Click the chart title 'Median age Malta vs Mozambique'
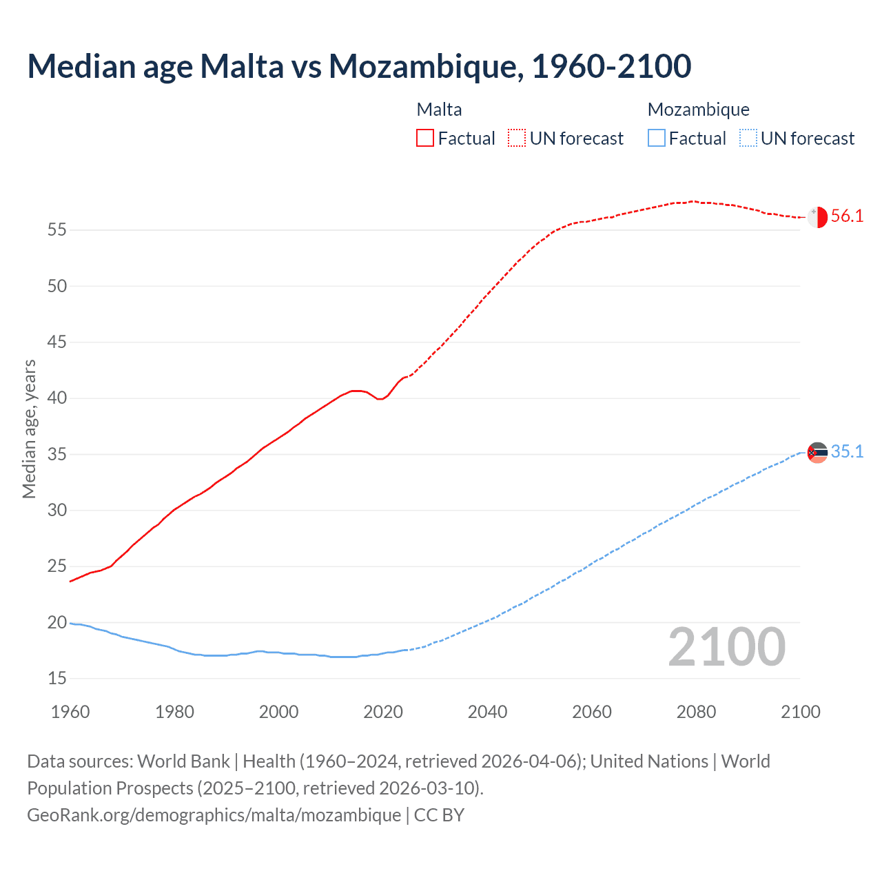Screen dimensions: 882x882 [x=358, y=66]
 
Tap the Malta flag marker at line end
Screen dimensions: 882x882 [x=817, y=216]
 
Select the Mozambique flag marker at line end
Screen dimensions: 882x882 [x=817, y=453]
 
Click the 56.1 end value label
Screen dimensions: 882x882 [x=847, y=216]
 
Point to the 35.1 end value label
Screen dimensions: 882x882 [x=847, y=452]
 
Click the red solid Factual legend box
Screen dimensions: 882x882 [x=425, y=139]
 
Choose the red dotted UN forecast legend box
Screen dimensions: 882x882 [x=517, y=139]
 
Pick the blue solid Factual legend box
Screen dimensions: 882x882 [x=656, y=139]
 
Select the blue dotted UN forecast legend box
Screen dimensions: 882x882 [x=748, y=139]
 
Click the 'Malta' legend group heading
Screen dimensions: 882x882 [x=439, y=110]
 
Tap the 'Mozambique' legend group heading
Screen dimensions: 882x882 [x=698, y=110]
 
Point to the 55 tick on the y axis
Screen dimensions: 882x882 [x=57, y=229]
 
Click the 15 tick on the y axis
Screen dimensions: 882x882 [x=57, y=679]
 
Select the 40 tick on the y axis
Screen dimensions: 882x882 [x=57, y=398]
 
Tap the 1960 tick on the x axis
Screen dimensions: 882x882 [x=70, y=712]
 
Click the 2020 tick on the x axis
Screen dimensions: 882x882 [x=383, y=712]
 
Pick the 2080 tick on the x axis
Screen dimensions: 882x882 [x=696, y=712]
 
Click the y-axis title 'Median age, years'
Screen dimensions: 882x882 [x=29, y=429]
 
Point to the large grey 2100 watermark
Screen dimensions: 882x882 [x=726, y=647]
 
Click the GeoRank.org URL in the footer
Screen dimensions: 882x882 [x=214, y=815]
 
